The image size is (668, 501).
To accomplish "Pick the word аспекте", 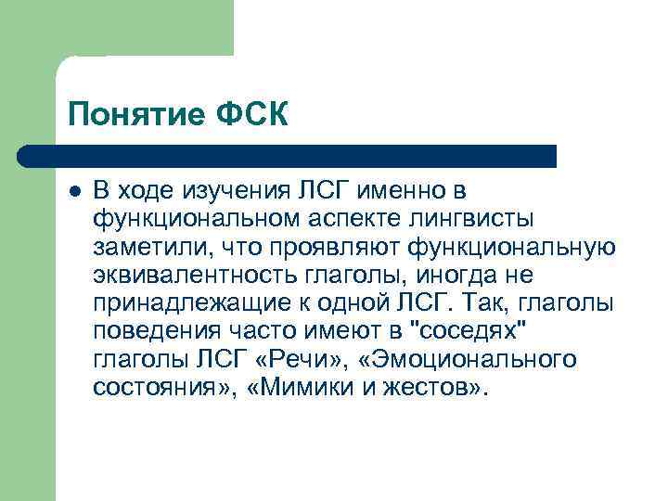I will (x=350, y=219).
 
